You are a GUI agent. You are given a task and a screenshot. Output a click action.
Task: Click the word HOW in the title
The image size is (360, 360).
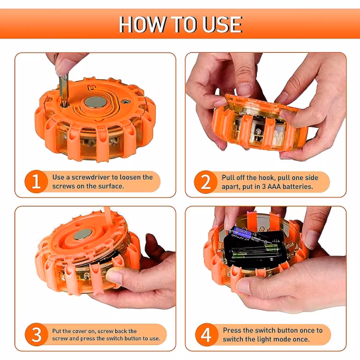[142, 25]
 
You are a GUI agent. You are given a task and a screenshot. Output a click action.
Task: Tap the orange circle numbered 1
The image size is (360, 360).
[36, 181]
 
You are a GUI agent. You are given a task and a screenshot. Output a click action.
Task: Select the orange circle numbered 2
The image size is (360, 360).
[206, 182]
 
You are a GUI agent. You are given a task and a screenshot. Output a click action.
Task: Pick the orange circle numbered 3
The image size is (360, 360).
[36, 335]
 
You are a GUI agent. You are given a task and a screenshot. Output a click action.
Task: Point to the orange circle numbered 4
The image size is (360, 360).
[206, 335]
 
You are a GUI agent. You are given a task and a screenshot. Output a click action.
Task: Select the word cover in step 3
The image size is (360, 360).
[80, 331]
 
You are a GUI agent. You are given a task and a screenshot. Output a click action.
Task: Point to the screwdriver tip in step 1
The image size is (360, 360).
[65, 104]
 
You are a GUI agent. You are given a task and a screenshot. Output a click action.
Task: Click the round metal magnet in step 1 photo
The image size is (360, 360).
[95, 102]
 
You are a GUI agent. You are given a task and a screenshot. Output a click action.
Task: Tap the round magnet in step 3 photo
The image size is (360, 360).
[83, 234]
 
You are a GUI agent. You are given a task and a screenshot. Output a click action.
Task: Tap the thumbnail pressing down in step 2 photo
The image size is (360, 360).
[244, 89]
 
